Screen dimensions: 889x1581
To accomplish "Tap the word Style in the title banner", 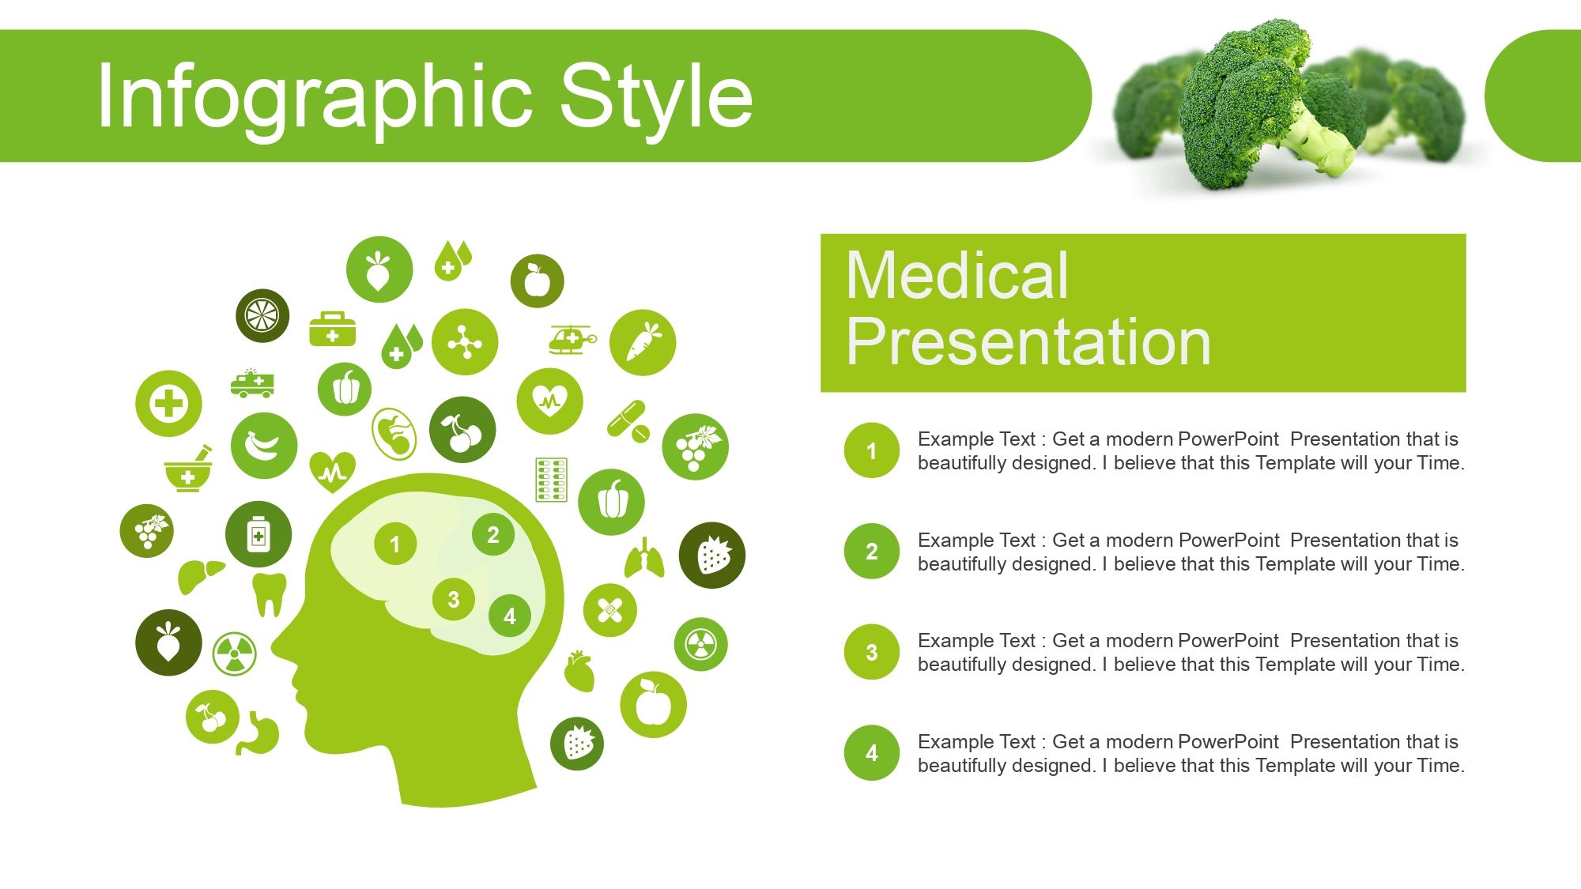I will pyautogui.click(x=656, y=96).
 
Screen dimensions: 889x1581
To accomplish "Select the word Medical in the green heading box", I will pyautogui.click(x=957, y=275).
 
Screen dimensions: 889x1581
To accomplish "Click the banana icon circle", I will pyautogui.click(x=263, y=446).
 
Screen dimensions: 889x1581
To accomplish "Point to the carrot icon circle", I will pyautogui.click(x=643, y=342).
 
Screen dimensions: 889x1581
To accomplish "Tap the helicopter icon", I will pyautogui.click(x=572, y=340).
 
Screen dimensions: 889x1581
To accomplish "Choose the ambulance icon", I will pyautogui.click(x=252, y=383).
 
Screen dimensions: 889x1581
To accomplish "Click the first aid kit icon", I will pyautogui.click(x=332, y=329).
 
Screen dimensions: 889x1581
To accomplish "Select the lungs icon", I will pyautogui.click(x=644, y=558).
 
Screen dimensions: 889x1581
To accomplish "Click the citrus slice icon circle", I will pyautogui.click(x=262, y=315).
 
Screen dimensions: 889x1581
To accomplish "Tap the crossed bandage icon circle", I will pyautogui.click(x=609, y=610).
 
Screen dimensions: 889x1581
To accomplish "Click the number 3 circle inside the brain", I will pyautogui.click(x=453, y=600).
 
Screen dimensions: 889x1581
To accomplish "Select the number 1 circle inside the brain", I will pyautogui.click(x=394, y=544).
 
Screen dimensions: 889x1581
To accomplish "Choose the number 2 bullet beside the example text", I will pyautogui.click(x=871, y=551).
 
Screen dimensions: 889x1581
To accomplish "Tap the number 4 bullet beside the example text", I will pyautogui.click(x=871, y=752).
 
